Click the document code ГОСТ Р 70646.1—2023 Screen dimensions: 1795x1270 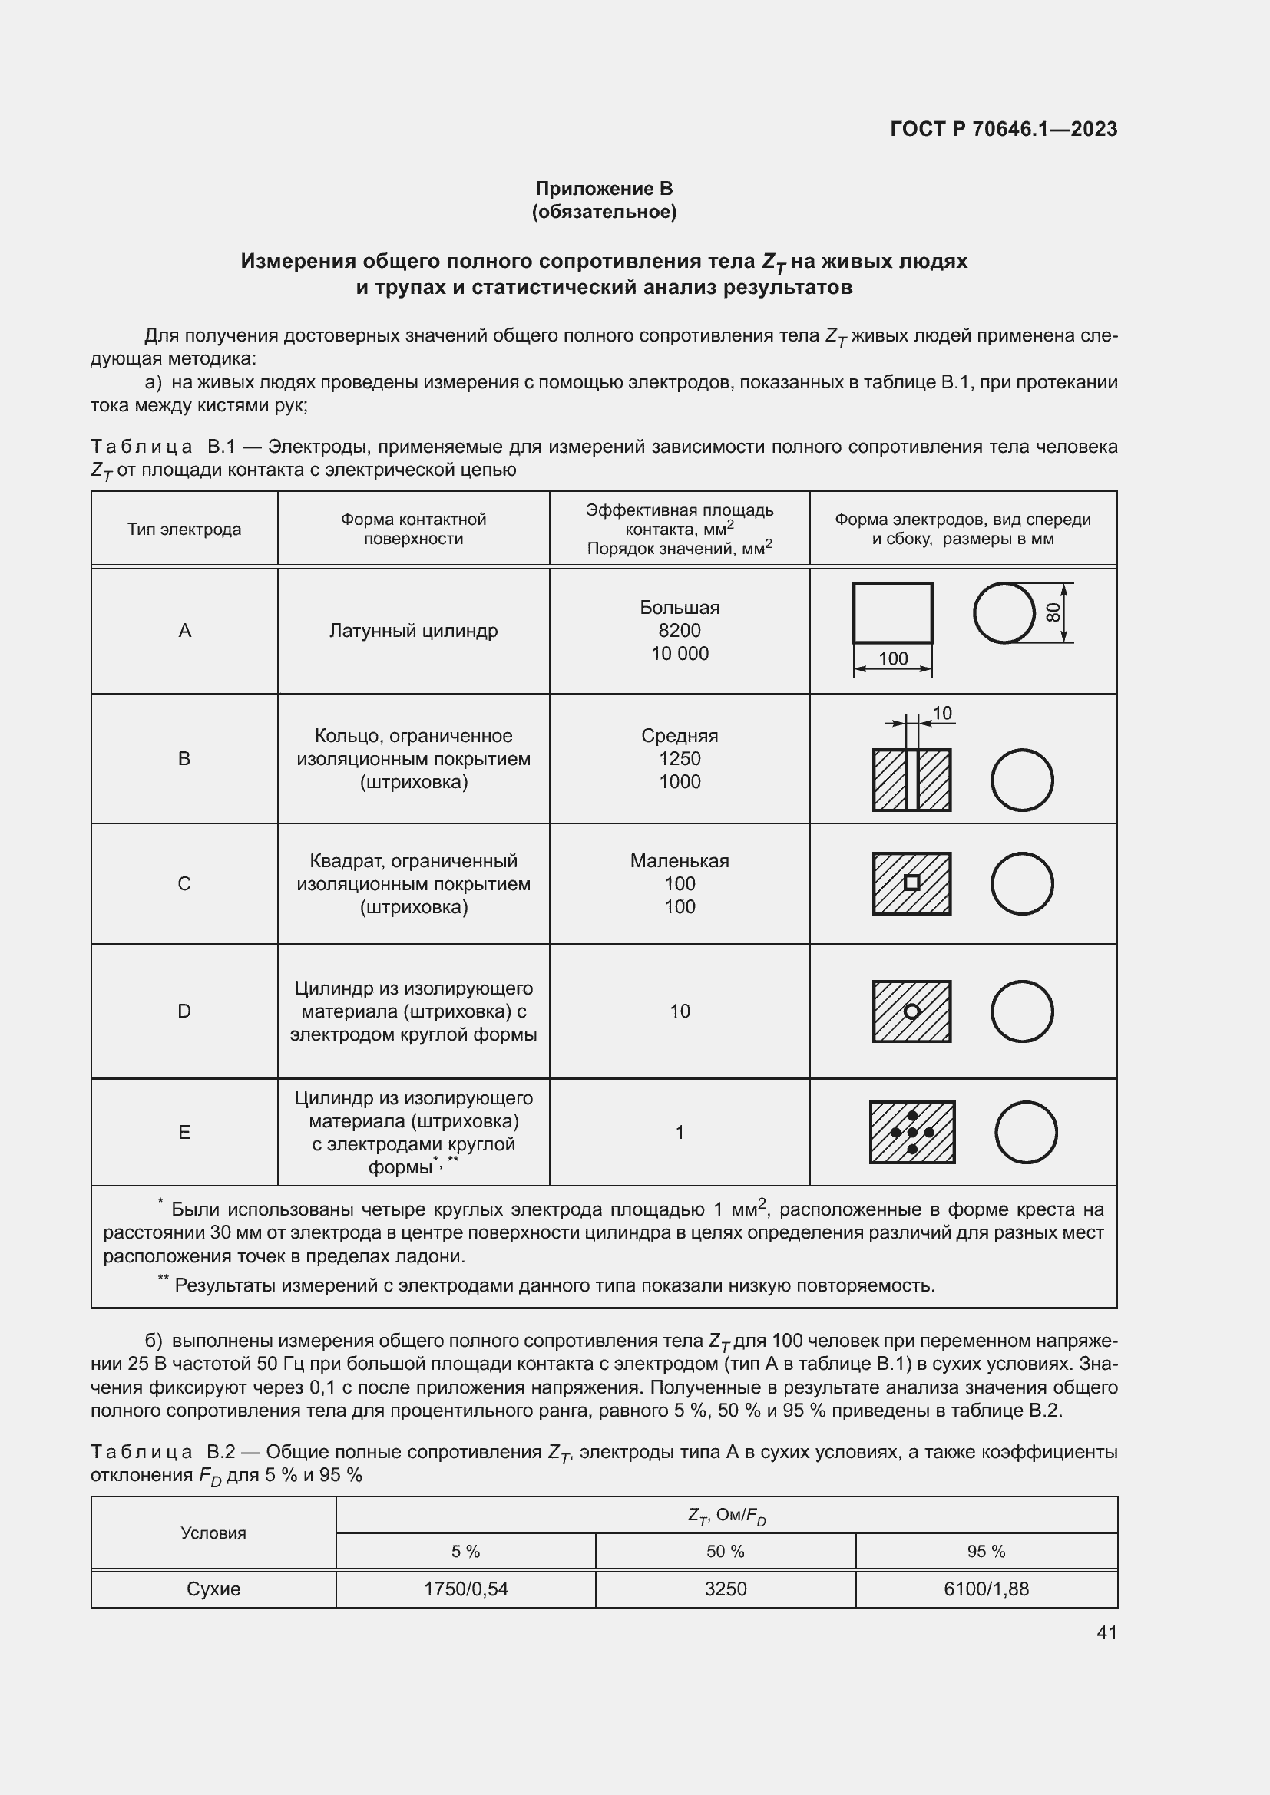[x=1004, y=129]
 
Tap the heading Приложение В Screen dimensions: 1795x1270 [x=604, y=189]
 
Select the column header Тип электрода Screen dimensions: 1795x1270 [x=184, y=530]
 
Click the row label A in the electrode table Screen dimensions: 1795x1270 [x=184, y=630]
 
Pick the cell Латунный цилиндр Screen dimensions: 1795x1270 [x=413, y=630]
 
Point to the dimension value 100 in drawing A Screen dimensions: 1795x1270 [x=892, y=658]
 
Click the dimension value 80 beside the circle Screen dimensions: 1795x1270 [x=1054, y=612]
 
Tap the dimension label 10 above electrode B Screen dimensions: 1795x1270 [x=942, y=713]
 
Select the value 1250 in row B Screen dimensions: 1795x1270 [x=679, y=758]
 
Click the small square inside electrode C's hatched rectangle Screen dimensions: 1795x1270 [x=911, y=883]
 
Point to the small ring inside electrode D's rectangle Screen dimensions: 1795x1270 [x=911, y=1011]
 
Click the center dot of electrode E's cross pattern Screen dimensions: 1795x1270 [x=912, y=1132]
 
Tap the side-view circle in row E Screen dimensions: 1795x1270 [x=1026, y=1132]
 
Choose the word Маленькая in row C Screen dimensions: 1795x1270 [x=679, y=861]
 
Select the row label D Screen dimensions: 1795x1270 [x=184, y=1011]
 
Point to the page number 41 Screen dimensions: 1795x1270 [x=1106, y=1632]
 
